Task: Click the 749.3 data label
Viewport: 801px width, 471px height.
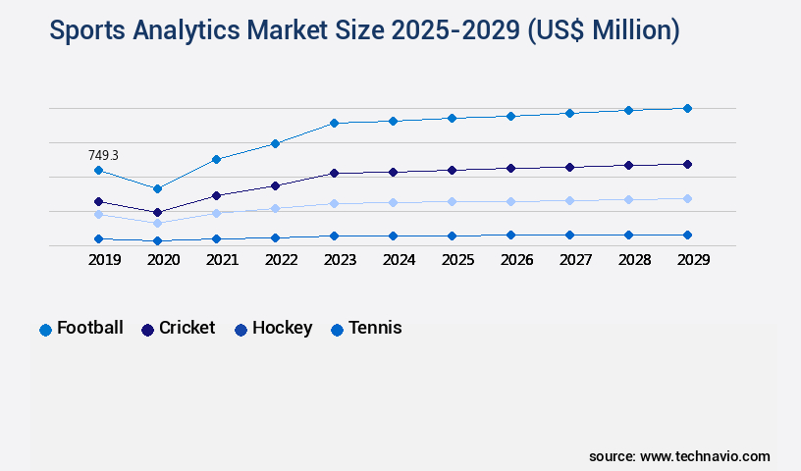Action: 103,155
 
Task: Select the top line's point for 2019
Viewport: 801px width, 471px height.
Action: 98,171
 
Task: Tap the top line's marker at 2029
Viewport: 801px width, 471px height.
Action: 687,108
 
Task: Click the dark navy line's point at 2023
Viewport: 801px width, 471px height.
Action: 334,173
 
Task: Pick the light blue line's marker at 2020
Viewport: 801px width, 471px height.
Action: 157,223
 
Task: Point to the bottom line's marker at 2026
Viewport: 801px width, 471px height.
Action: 510,235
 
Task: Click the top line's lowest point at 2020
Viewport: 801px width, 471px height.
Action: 157,188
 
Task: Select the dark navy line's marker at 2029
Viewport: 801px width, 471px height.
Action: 687,164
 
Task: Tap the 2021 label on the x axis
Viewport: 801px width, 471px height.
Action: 222,260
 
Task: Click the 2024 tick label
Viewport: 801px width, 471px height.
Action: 399,260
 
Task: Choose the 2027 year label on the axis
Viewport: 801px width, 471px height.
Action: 575,260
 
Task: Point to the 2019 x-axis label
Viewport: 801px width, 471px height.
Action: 104,260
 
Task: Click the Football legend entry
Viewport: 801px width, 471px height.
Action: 89,328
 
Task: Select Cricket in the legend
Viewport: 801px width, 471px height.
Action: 187,328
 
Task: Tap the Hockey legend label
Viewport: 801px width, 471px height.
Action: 282,328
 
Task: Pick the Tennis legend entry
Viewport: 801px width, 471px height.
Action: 374,328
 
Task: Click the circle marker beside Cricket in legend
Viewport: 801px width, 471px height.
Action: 148,330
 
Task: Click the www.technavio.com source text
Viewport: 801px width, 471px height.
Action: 705,456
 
